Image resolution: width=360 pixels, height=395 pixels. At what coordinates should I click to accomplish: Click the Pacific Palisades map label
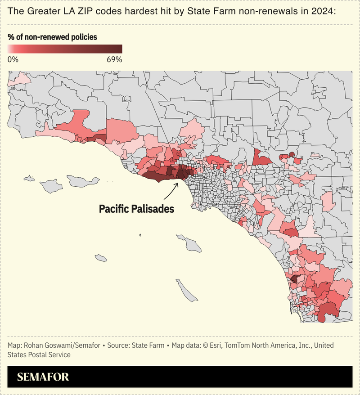136,209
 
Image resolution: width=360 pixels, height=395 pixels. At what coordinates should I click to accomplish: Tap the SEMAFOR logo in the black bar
43,377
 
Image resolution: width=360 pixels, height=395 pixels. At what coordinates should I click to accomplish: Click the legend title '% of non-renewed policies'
53,37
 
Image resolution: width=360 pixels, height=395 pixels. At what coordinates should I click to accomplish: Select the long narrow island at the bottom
186,291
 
